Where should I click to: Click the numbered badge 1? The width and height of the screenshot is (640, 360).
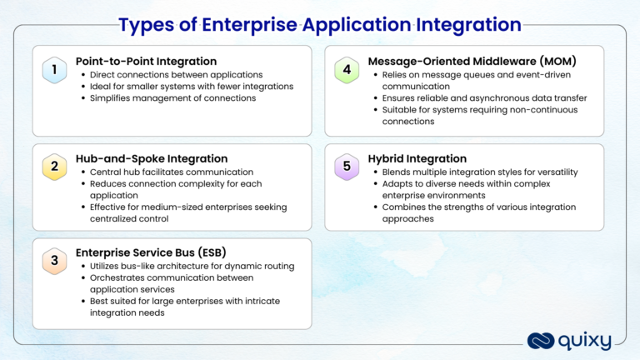pos(54,71)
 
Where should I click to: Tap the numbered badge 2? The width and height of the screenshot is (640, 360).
pos(54,166)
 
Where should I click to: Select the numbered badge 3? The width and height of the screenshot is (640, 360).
pos(54,261)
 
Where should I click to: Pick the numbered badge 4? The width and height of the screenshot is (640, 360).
pos(347,71)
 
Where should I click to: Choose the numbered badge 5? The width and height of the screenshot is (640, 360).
pos(347,166)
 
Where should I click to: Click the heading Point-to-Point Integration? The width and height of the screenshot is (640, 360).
pos(146,61)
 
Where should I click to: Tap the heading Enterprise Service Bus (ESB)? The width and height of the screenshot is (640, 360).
pos(151,252)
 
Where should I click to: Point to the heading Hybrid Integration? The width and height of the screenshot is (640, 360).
pos(417,158)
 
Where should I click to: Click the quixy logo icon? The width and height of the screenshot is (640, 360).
pos(540,340)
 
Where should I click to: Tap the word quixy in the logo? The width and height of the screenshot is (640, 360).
pos(586,341)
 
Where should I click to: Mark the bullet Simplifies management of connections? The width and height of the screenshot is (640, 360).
pos(174,98)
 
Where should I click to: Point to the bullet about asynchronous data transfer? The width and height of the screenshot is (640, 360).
pos(484,98)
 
